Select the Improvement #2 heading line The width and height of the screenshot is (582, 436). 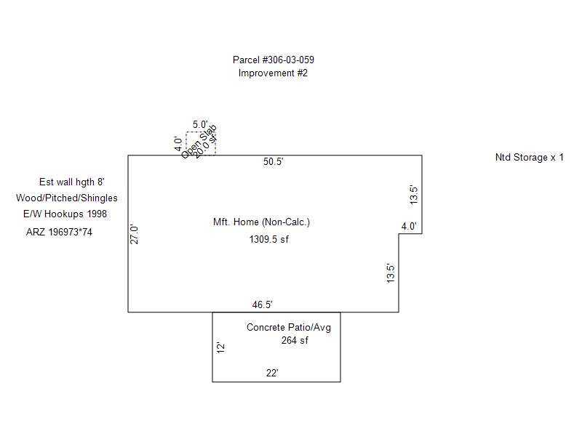273,73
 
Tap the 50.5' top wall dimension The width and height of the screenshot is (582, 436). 274,161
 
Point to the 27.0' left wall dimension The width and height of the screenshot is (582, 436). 134,234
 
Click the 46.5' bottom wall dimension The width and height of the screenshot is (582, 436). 262,304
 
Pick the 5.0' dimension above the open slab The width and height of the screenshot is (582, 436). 200,124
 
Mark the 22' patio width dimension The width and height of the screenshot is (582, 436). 272,373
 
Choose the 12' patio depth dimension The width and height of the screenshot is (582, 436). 221,348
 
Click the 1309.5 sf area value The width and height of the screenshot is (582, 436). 268,240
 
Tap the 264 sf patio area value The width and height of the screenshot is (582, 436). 295,340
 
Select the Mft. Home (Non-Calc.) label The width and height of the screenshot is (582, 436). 261,222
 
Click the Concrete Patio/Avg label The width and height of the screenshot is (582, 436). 289,328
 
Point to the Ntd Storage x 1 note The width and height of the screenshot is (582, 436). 530,158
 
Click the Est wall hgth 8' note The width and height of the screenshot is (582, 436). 71,182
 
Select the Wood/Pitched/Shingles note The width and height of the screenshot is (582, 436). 67,198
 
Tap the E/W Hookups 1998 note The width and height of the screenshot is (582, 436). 65,214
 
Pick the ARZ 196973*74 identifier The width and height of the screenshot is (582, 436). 59,232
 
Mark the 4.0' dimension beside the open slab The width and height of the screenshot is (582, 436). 178,144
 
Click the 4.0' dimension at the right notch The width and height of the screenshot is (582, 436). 409,226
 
